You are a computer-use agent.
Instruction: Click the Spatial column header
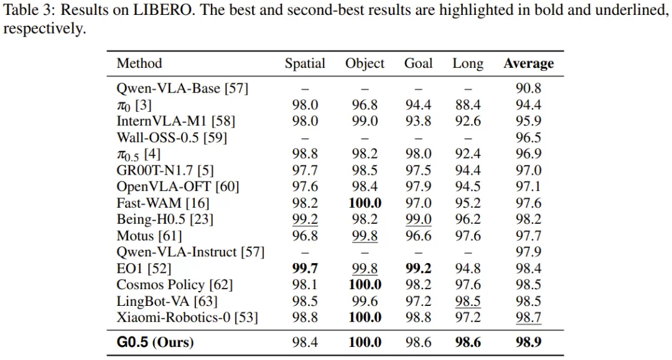[305, 64]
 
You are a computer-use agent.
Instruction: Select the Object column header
[365, 64]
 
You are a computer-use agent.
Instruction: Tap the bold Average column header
[528, 64]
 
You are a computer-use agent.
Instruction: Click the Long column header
[467, 64]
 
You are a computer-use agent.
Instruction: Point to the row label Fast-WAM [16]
[163, 203]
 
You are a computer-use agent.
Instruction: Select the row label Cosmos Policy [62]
[174, 285]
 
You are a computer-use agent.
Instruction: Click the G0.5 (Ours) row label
[155, 343]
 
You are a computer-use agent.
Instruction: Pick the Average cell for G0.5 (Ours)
[528, 343]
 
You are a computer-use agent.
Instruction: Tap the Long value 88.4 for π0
[467, 105]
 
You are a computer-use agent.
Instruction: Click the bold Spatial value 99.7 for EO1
[305, 269]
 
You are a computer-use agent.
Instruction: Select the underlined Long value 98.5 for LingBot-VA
[467, 302]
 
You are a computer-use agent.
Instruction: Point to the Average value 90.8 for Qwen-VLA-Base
[528, 88]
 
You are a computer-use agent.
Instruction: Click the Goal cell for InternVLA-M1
[418, 121]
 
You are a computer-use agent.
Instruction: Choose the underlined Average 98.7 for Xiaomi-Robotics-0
[528, 318]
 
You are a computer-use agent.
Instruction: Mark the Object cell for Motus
[365, 236]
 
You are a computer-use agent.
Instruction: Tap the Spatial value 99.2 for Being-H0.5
[305, 219]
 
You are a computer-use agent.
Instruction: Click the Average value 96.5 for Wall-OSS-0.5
[528, 137]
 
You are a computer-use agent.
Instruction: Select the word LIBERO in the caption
[162, 10]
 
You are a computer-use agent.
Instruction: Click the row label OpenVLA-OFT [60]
[178, 187]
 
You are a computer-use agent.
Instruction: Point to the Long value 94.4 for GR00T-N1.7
[467, 170]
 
